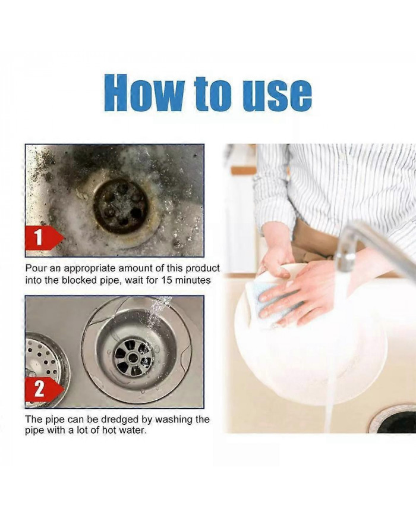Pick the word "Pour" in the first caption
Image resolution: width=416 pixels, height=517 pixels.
pyautogui.click(x=36, y=268)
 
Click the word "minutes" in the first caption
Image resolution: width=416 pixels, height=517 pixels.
pyautogui.click(x=196, y=279)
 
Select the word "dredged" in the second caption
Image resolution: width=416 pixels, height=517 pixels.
pyautogui.click(x=118, y=419)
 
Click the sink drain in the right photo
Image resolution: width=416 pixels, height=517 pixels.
pyautogui.click(x=395, y=421)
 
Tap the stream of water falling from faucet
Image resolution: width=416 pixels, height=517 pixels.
pyautogui.click(x=333, y=357)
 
